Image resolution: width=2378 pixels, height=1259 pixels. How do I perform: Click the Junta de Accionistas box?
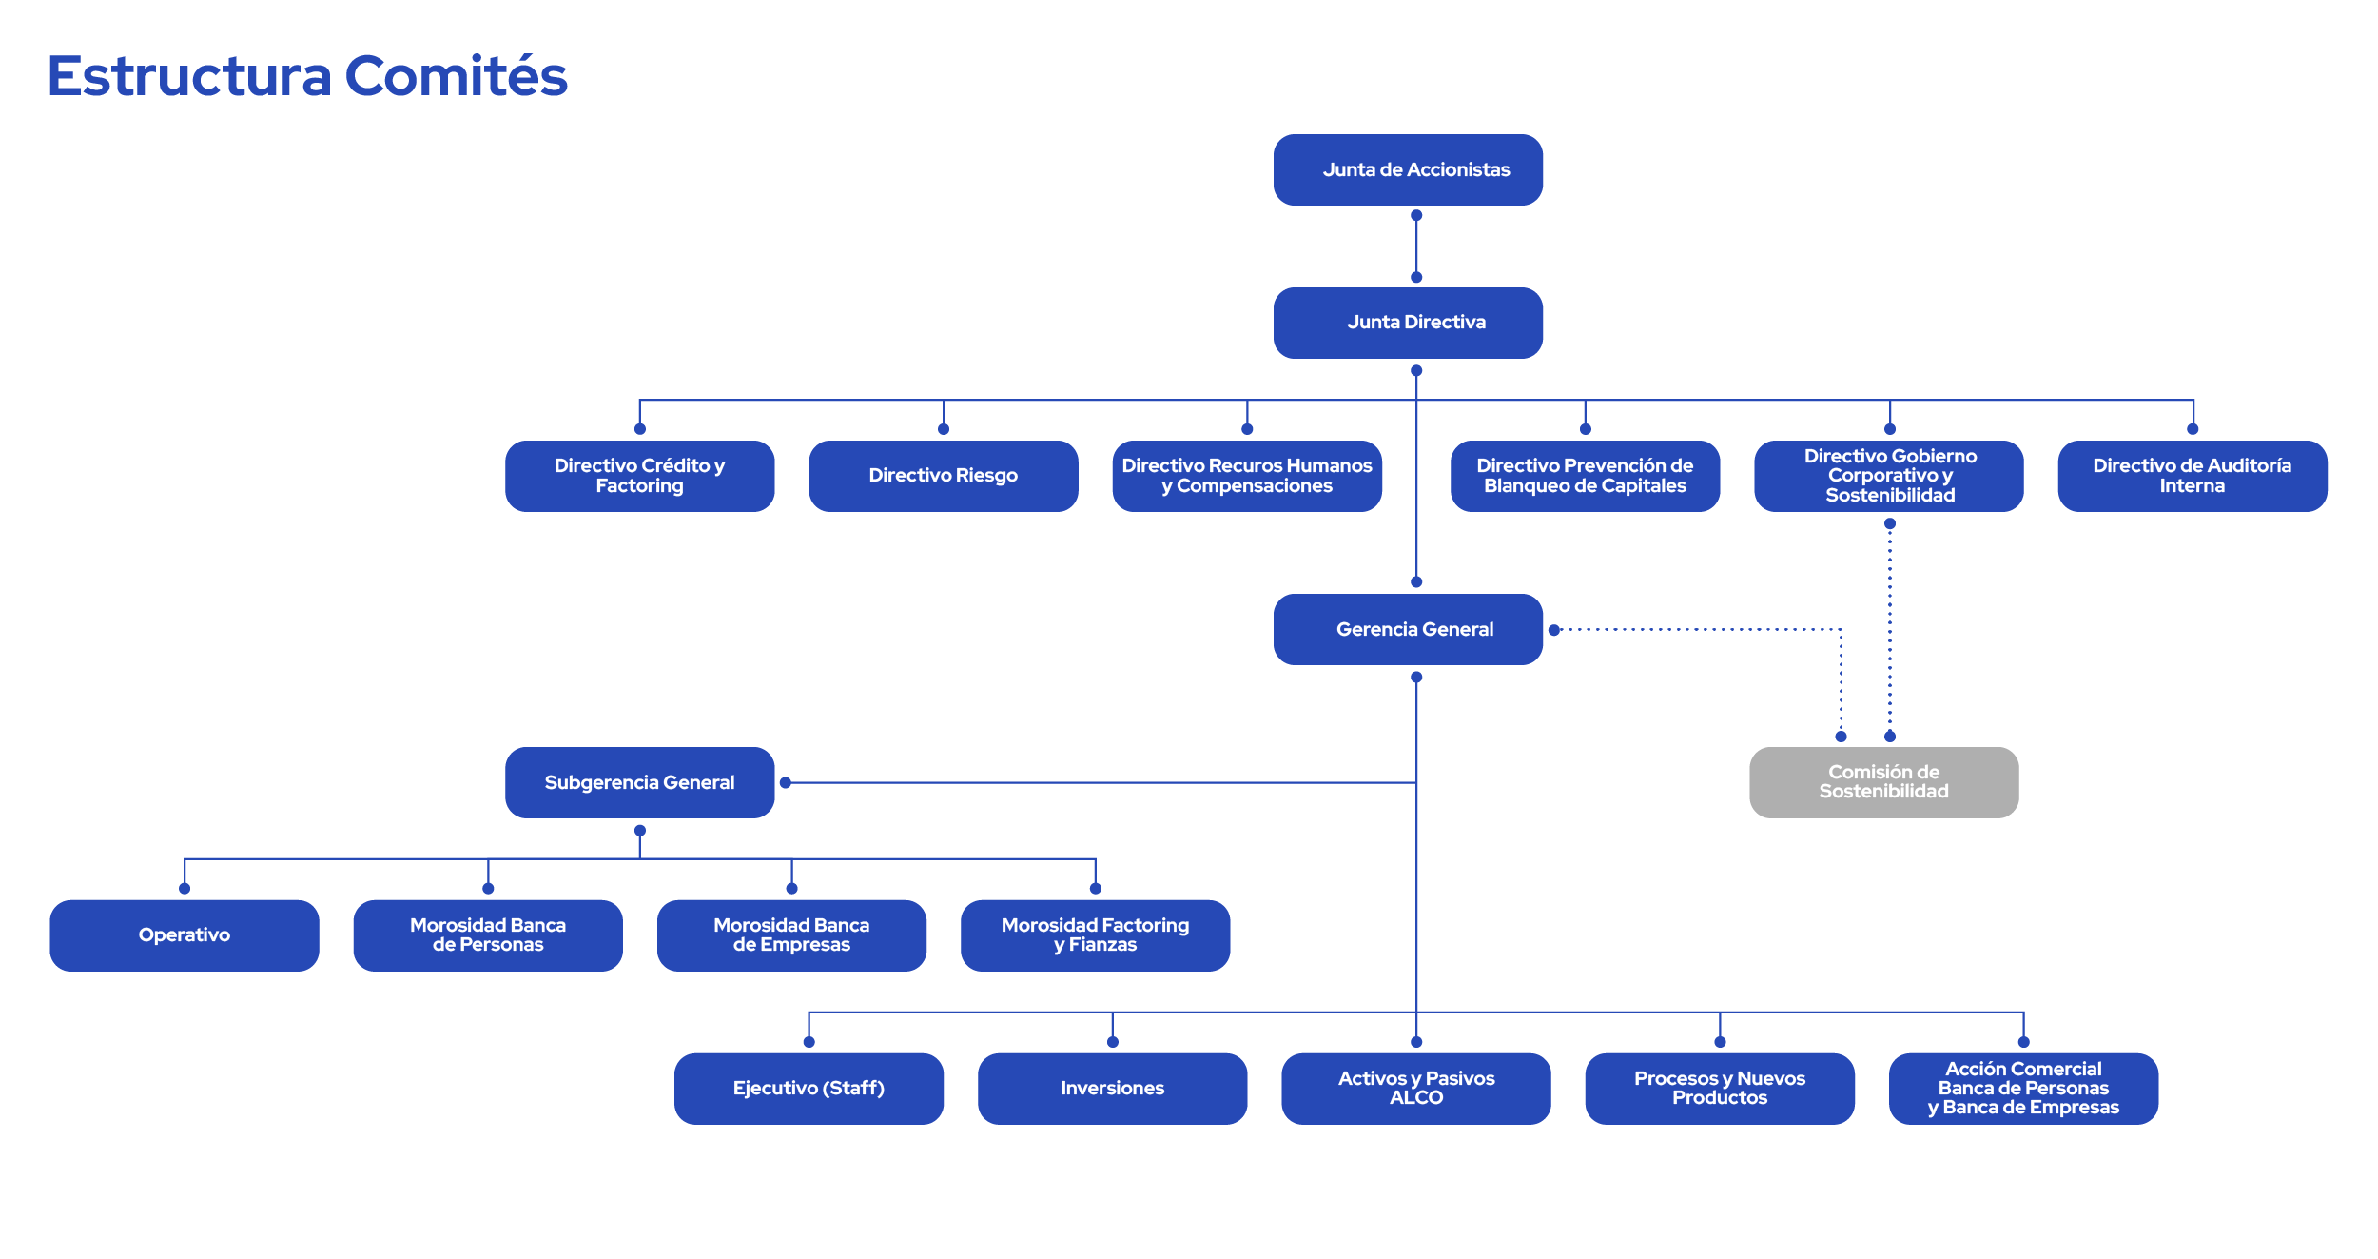click(x=1408, y=169)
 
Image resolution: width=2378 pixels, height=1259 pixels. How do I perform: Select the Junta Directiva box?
click(x=1408, y=323)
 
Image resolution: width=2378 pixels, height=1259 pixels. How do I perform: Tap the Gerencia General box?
click(x=1408, y=629)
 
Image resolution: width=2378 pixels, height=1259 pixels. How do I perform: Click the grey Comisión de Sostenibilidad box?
click(x=1883, y=782)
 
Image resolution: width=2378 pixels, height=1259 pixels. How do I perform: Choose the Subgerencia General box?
click(x=639, y=782)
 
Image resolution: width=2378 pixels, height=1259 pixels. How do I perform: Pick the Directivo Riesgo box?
click(x=943, y=476)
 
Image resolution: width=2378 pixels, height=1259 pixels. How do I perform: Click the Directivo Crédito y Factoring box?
click(x=639, y=476)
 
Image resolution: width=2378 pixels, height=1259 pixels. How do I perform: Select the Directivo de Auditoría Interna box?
click(x=2192, y=476)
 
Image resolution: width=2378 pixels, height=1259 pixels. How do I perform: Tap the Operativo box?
click(x=184, y=934)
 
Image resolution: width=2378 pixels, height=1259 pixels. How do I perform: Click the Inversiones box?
click(x=1112, y=1088)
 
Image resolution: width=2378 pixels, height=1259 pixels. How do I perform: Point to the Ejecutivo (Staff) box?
click(x=809, y=1088)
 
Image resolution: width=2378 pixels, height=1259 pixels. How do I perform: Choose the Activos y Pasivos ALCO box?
click(x=1415, y=1088)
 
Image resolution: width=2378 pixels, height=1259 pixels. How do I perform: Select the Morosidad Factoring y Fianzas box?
click(x=1095, y=934)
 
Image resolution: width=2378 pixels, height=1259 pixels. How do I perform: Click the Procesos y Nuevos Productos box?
click(x=1719, y=1088)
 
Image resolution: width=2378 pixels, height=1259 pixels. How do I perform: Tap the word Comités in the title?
click(x=456, y=76)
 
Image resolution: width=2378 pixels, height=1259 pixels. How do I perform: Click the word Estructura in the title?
click(x=189, y=76)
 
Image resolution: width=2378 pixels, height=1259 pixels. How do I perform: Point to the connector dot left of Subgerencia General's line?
click(x=786, y=782)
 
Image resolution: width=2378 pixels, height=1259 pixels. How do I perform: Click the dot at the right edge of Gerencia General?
click(x=1553, y=630)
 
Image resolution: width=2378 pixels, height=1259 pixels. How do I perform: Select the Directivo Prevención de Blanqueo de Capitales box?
click(x=1585, y=476)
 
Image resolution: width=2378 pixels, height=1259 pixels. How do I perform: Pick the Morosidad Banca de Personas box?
click(x=487, y=934)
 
